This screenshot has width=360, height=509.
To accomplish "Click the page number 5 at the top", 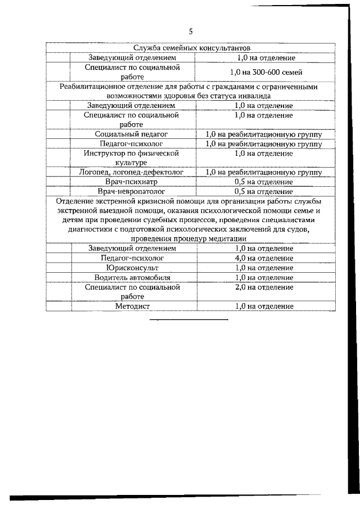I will (x=190, y=31).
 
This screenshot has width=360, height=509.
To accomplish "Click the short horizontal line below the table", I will (x=189, y=319).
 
